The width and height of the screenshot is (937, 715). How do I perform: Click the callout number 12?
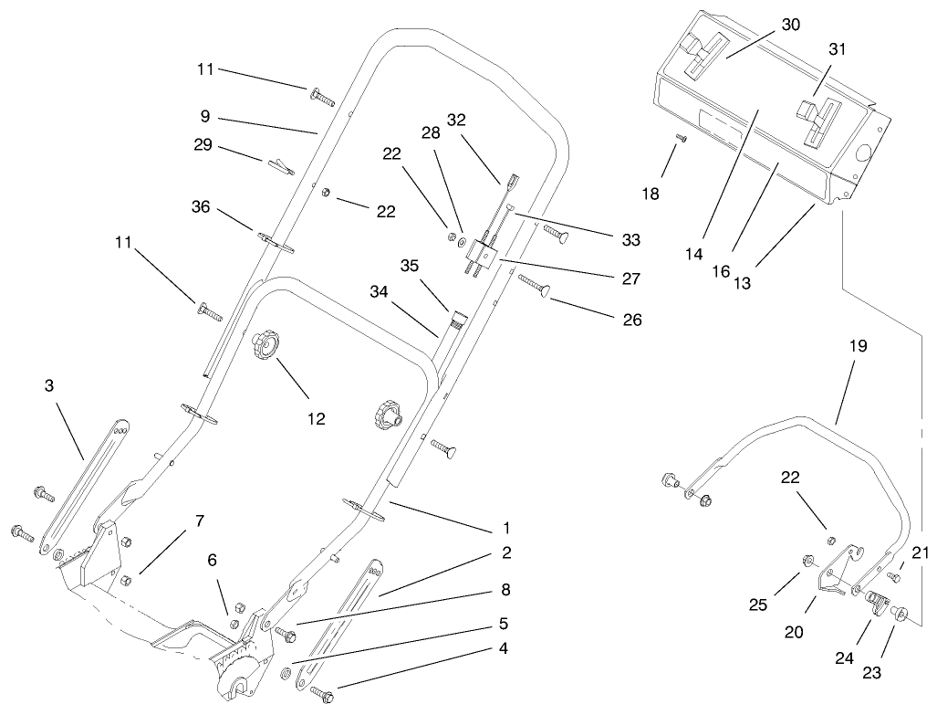pos(316,418)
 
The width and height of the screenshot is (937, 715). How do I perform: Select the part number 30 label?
pos(790,25)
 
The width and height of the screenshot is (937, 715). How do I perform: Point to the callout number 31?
pos(837,50)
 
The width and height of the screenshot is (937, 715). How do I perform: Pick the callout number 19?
pos(857,346)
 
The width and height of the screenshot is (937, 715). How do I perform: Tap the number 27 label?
pos(630,279)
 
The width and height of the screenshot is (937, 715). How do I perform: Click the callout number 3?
pos(49,385)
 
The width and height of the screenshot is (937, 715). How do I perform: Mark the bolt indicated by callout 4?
pos(322,694)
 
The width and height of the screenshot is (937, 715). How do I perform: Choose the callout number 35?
pos(408,266)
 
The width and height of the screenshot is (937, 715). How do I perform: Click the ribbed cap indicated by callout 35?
pos(455,319)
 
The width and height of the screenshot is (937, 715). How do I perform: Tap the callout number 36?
pos(202,207)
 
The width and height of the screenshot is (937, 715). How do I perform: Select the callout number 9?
pos(205,116)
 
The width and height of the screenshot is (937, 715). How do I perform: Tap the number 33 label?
pos(630,240)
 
